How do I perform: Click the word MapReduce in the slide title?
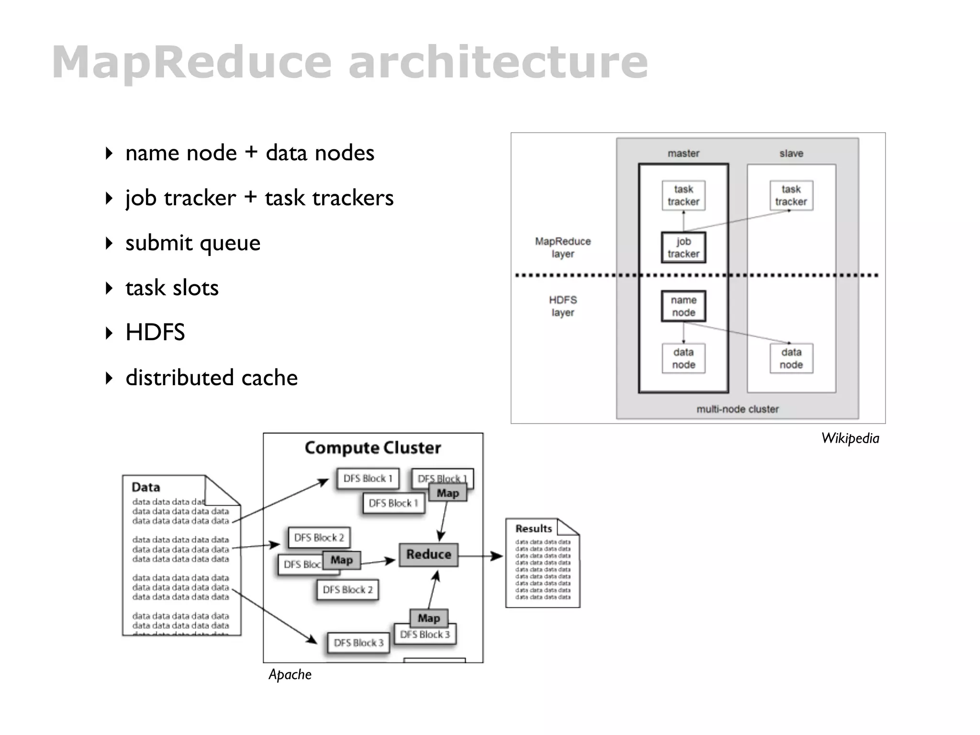(x=191, y=62)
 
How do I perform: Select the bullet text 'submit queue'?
(x=192, y=243)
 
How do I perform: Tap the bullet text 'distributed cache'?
(x=211, y=378)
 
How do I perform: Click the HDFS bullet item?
(x=155, y=333)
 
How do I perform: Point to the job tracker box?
(x=683, y=247)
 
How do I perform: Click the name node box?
(x=683, y=306)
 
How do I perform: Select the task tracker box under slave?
(x=791, y=195)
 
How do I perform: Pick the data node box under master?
(x=683, y=358)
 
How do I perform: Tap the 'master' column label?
(x=683, y=154)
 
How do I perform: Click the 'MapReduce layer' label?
(x=563, y=247)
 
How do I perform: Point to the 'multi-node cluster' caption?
(x=737, y=409)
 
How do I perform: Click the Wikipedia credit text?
(x=850, y=438)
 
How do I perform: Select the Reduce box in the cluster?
(x=429, y=555)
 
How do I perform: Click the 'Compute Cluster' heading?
(x=373, y=448)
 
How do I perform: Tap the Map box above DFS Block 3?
(x=429, y=618)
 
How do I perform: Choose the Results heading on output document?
(x=534, y=529)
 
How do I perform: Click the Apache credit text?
(x=290, y=675)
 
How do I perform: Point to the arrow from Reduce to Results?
(x=480, y=556)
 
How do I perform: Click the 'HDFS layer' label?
(x=563, y=306)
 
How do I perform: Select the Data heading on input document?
(x=145, y=488)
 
